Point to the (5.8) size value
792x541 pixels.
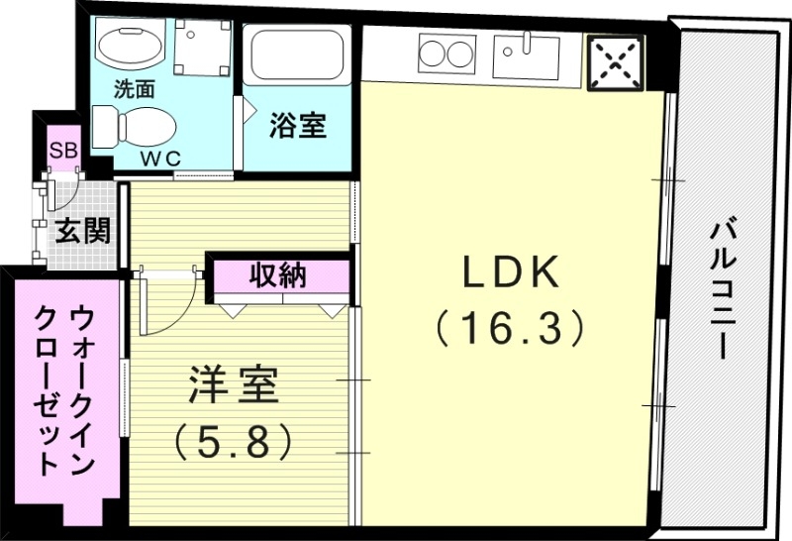[x=234, y=439]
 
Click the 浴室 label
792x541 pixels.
[x=298, y=126]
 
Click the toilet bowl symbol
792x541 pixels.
[x=133, y=127]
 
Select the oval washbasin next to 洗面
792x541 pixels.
[x=128, y=45]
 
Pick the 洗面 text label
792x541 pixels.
[x=135, y=87]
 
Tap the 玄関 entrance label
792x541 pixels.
[x=82, y=232]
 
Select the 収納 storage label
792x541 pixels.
[x=277, y=275]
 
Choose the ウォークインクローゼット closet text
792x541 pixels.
[x=64, y=390]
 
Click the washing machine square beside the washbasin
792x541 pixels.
[x=202, y=47]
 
